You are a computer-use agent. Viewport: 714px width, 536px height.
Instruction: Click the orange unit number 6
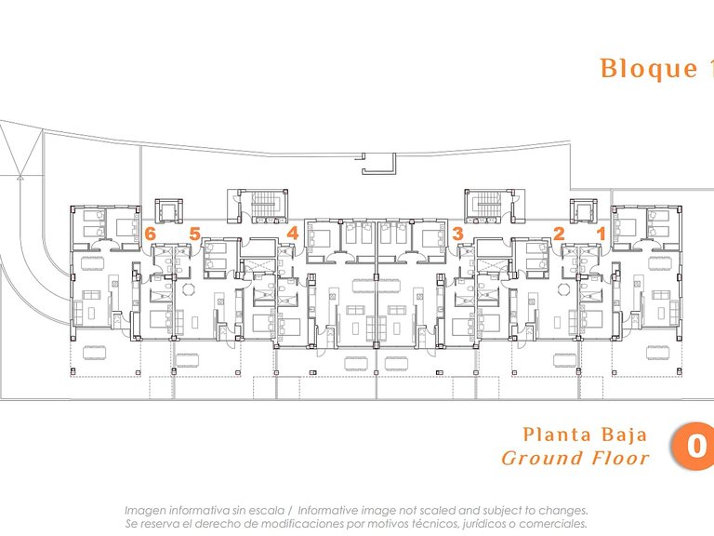click(x=150, y=234)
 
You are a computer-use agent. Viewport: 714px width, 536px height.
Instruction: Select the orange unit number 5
click(x=195, y=234)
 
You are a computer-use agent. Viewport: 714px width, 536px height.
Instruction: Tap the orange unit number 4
click(x=292, y=234)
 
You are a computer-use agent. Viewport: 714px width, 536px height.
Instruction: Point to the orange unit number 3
click(x=457, y=234)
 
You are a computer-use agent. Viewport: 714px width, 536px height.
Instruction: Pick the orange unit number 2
click(x=559, y=234)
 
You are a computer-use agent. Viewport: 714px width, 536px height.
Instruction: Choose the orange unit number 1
click(x=602, y=234)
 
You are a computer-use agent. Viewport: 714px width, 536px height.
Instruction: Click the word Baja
click(x=625, y=435)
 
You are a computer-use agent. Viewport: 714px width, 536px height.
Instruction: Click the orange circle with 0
click(x=693, y=447)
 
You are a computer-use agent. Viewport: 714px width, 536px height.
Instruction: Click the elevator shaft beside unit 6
click(x=168, y=211)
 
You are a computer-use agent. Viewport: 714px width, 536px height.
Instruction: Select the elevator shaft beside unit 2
click(x=583, y=211)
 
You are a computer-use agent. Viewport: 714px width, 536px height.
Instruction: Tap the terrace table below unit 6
click(x=95, y=353)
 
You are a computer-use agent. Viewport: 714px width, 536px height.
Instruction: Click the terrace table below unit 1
click(x=657, y=353)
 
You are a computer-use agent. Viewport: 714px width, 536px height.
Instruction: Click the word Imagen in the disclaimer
click(x=143, y=511)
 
